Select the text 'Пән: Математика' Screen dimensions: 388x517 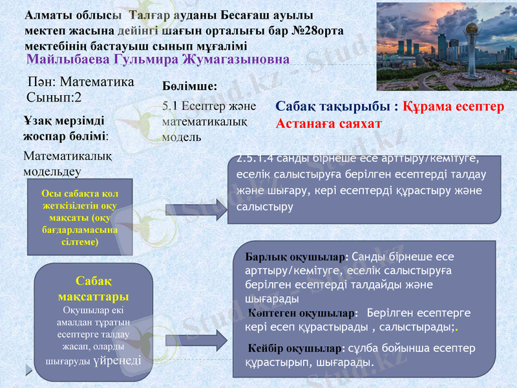point(81,82)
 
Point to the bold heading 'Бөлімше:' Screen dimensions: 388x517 point(189,85)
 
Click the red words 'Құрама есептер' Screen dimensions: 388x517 point(453,107)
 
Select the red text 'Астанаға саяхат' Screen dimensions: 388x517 point(328,124)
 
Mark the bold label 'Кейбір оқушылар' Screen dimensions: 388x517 point(297,349)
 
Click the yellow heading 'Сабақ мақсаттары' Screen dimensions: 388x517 point(93,289)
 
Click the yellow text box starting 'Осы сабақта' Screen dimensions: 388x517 point(79,217)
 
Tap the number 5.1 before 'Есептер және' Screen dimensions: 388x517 point(170,106)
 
